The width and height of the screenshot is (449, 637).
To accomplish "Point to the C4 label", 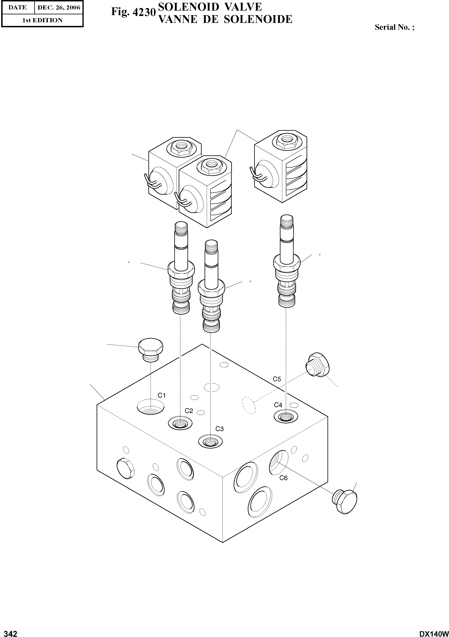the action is (278, 405).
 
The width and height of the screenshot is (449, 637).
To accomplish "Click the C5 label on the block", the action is (277, 379).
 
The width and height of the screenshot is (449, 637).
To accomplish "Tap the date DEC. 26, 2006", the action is (59, 8).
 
